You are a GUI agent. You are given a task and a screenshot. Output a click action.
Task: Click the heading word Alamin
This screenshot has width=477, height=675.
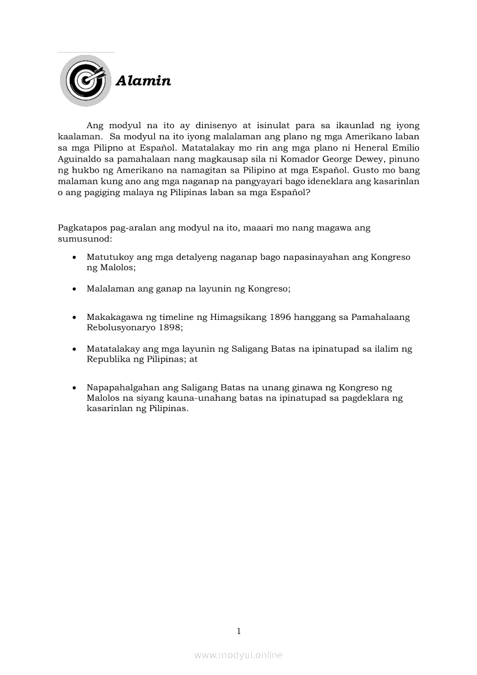click(143, 81)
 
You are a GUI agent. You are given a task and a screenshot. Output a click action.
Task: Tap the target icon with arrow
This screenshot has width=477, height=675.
click(85, 80)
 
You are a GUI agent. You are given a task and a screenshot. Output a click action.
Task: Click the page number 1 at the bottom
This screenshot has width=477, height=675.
click(238, 631)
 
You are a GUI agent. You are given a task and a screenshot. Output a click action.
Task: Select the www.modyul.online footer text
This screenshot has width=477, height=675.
click(238, 655)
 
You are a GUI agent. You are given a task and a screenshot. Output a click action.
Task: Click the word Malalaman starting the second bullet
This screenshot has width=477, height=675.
click(110, 289)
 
